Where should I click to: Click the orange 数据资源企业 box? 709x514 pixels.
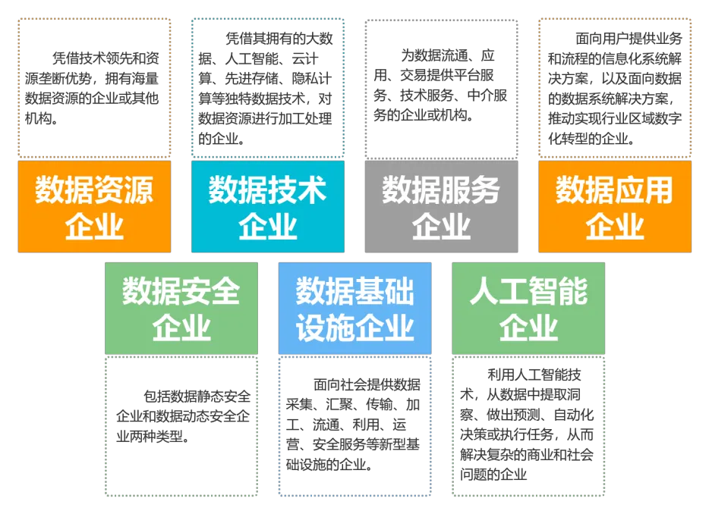94,206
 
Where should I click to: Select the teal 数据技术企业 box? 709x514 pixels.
267,206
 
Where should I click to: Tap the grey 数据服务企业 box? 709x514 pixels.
441,206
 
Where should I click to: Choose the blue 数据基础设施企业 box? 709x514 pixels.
354,308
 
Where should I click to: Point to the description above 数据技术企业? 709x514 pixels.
266,88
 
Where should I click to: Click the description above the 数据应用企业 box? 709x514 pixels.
614,88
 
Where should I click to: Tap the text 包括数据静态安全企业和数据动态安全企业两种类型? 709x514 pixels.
181,416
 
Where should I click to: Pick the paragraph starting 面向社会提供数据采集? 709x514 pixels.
354,425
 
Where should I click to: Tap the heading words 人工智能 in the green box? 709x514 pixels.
528,292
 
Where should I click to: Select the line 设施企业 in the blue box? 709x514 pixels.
354,328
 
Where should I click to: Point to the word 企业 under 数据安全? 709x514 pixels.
181,328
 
